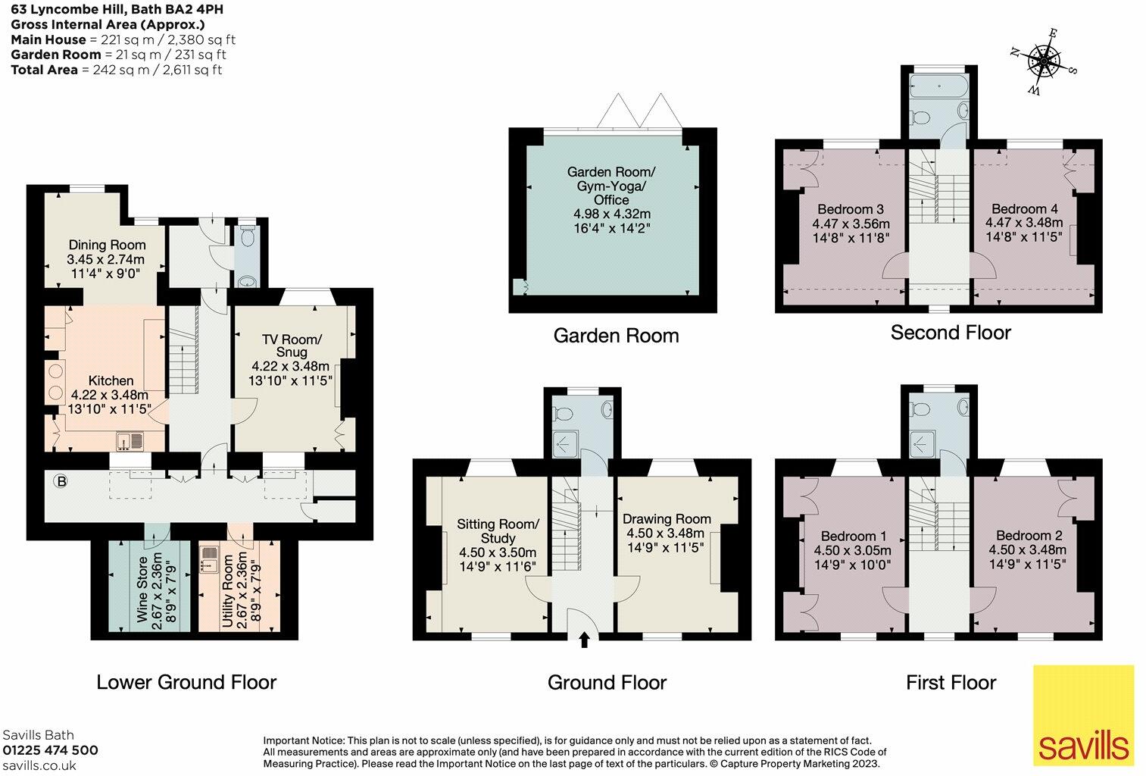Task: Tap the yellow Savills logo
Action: coord(1084,715)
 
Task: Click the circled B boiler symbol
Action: coord(61,481)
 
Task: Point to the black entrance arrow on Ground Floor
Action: coord(584,640)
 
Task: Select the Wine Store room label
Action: coord(142,589)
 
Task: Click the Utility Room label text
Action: coord(228,590)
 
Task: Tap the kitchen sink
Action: coord(130,440)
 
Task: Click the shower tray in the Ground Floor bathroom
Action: coord(566,444)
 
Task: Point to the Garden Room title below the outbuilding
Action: coord(616,336)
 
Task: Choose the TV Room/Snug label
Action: coord(292,346)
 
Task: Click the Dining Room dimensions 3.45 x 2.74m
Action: coord(106,259)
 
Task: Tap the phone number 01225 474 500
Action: coord(50,750)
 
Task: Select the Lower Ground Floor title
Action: coord(186,682)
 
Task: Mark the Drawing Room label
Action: coord(667,519)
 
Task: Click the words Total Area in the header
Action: coord(45,70)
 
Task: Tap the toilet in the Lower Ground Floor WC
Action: coord(248,237)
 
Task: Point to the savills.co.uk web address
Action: coord(39,765)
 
